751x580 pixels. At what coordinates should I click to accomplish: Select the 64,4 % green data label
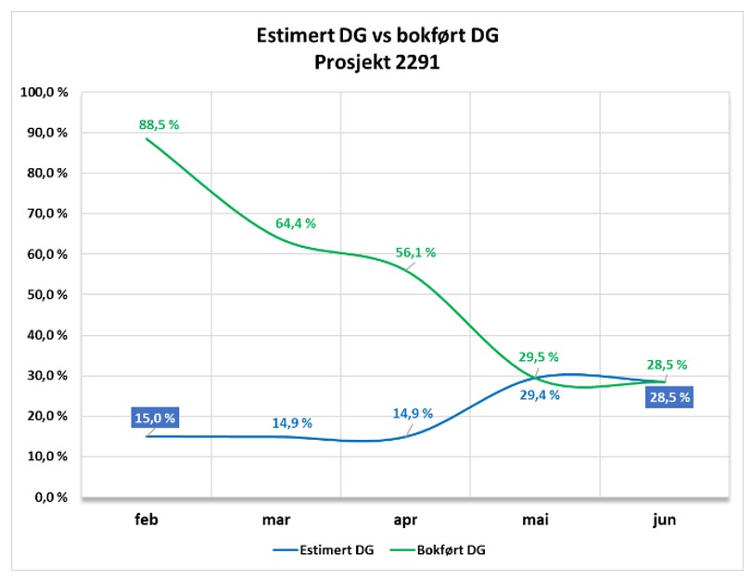(x=295, y=224)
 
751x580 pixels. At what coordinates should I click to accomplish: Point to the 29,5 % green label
(x=539, y=357)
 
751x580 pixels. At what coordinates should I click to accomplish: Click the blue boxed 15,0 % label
(x=155, y=418)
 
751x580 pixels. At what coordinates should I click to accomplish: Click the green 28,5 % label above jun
(x=668, y=365)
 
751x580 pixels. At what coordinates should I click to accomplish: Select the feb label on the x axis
(x=146, y=520)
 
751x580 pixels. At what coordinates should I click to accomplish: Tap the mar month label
(x=275, y=520)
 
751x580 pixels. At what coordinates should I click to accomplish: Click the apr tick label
(x=405, y=520)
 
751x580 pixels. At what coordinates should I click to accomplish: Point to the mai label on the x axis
(x=535, y=520)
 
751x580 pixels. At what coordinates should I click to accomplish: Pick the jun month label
(x=664, y=520)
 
